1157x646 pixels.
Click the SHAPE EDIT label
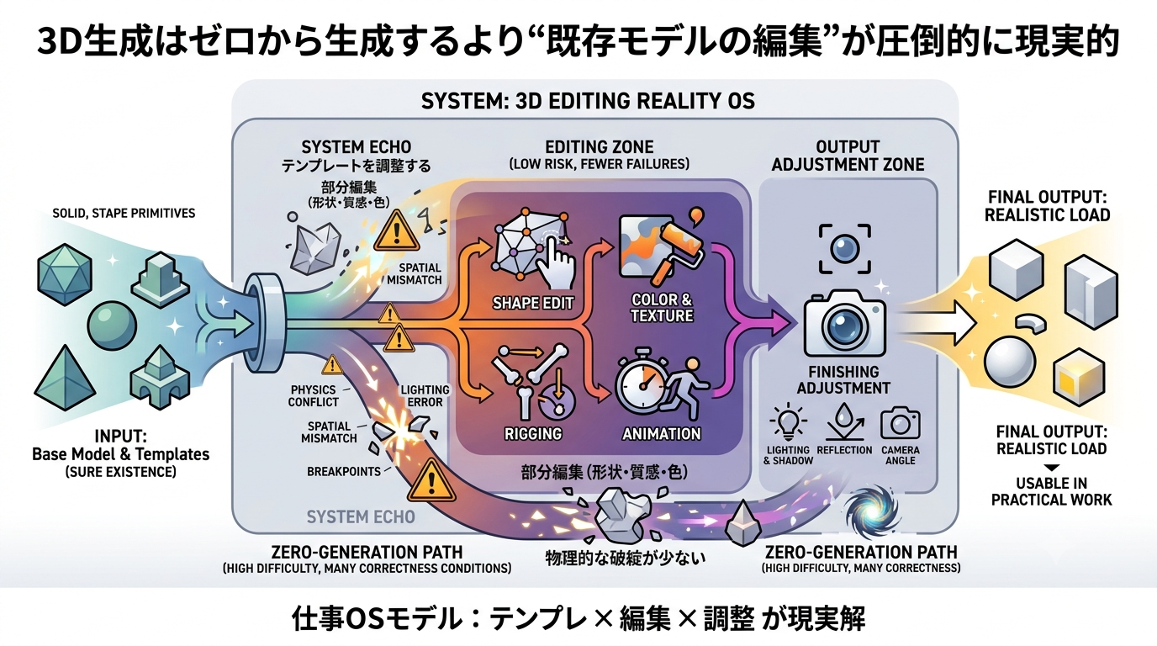coord(533,303)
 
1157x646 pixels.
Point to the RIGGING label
coord(533,433)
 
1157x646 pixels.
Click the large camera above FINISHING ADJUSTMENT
coord(845,323)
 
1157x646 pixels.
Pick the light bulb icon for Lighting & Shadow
coord(788,421)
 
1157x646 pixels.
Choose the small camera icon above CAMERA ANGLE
coord(901,423)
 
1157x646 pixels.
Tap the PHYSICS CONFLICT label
coord(314,396)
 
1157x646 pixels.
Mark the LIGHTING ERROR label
coord(425,396)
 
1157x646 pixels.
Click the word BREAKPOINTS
coord(343,471)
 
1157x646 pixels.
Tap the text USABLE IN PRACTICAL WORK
coord(1052,491)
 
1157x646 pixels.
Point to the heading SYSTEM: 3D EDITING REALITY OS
coord(588,101)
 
